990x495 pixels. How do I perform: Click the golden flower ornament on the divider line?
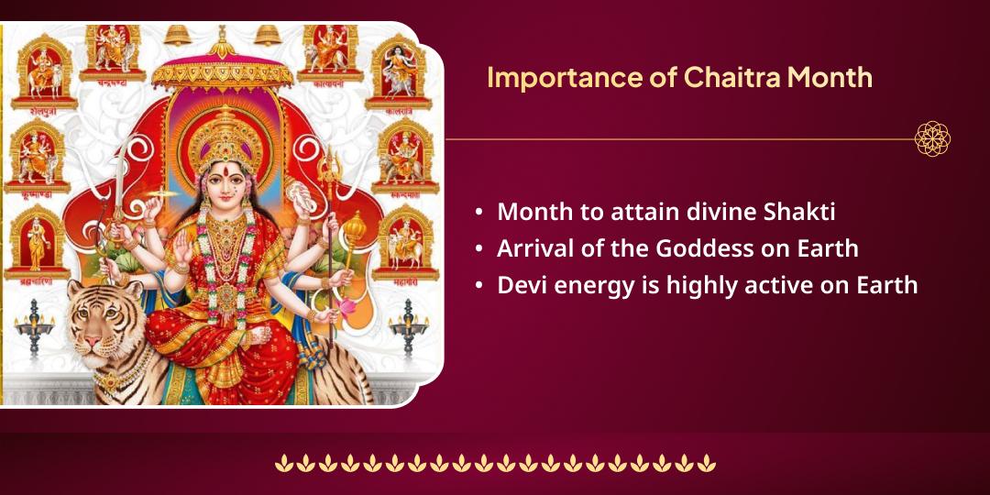(932, 139)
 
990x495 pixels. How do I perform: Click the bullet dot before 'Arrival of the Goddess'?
(479, 248)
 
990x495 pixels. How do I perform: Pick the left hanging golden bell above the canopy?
(176, 35)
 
